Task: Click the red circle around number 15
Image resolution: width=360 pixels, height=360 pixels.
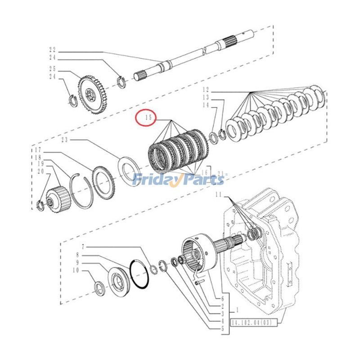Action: [146, 118]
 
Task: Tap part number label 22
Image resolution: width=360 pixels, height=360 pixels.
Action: [53, 50]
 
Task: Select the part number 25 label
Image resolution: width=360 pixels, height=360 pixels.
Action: [53, 68]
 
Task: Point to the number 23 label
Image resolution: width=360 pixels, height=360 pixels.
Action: [65, 139]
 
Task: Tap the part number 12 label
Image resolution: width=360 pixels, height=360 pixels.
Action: [206, 90]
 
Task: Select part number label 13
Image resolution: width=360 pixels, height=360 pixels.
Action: [206, 97]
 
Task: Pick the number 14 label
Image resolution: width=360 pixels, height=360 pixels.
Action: [206, 105]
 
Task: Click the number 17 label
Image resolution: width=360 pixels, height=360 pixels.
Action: [38, 150]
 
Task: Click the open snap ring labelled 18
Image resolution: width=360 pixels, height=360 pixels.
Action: [82, 191]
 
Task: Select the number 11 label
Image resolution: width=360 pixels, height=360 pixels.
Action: [218, 194]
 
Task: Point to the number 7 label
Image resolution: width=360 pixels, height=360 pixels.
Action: [83, 247]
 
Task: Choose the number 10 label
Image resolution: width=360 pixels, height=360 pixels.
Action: [76, 270]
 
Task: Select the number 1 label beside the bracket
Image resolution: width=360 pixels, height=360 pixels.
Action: [237, 310]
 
